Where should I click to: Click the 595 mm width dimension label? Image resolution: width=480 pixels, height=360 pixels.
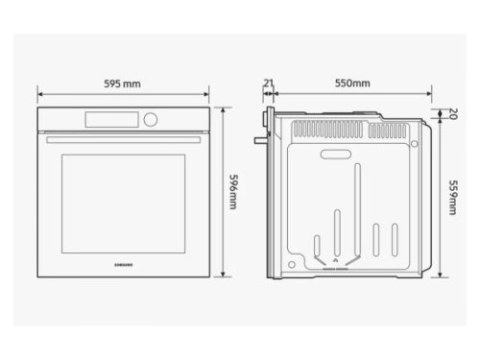pos(122,84)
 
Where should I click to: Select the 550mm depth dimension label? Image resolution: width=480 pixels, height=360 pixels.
pos(352,84)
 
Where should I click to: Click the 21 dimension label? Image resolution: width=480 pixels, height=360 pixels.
pos(269,83)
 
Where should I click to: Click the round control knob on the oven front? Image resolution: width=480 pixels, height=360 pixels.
pos(151,120)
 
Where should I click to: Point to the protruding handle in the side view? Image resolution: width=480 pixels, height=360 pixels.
pos(258,141)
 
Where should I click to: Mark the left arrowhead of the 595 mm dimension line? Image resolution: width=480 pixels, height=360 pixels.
pos(40,95)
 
